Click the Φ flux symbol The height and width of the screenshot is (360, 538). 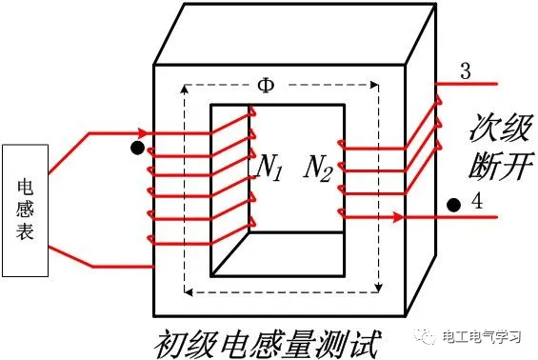[267, 86]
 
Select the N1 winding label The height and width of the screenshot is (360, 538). [269, 168]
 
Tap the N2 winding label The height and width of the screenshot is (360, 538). [318, 169]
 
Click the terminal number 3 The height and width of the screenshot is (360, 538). [466, 71]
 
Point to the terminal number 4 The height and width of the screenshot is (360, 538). [477, 201]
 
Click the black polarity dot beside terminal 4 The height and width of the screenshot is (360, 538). [453, 205]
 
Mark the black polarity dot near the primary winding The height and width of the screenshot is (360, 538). [137, 148]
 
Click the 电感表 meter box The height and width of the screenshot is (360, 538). [25, 210]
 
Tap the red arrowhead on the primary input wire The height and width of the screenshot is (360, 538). [143, 132]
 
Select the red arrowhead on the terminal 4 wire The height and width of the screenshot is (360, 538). [398, 217]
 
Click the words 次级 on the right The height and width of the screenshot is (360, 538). [502, 128]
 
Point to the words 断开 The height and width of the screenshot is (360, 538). [502, 166]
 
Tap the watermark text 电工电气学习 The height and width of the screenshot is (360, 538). [482, 336]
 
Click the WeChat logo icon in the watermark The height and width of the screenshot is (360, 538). [425, 335]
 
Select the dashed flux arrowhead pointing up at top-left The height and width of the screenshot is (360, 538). [185, 90]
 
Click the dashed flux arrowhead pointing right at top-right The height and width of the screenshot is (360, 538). [373, 85]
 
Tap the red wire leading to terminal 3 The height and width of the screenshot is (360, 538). [466, 84]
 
